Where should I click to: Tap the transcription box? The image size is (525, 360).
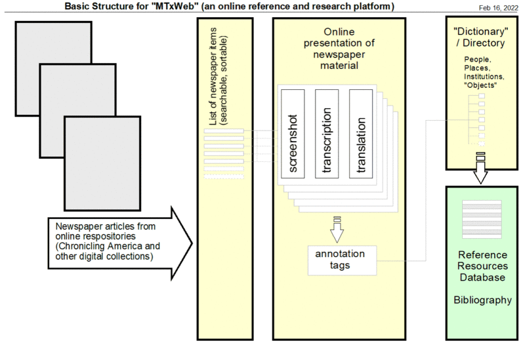coord(327,132)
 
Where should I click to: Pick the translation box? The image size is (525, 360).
coord(361,132)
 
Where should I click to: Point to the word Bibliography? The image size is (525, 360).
coord(482,300)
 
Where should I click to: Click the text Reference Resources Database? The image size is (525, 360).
coord(482,266)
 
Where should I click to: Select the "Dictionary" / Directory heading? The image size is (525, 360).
coord(478,38)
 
